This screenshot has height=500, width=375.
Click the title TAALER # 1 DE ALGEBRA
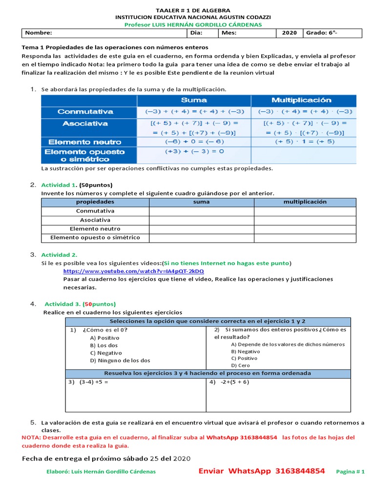(193, 10)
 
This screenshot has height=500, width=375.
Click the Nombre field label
(39, 33)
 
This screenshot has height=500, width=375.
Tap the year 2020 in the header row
(289, 33)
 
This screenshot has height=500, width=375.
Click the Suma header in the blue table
(194, 100)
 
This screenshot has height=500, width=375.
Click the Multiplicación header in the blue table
(301, 100)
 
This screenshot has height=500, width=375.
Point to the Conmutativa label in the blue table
(85, 112)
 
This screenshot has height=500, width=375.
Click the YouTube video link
(133, 271)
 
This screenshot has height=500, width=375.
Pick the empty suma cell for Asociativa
(201, 220)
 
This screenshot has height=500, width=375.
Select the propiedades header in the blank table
(95, 202)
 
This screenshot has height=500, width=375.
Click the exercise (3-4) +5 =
(88, 382)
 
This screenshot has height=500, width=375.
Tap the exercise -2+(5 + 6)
(229, 382)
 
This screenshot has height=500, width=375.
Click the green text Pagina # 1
(351, 472)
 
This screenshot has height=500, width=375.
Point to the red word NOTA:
(32, 437)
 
